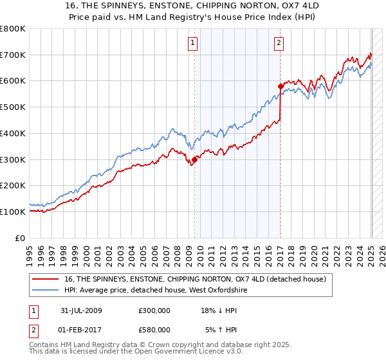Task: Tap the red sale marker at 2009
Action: tap(194, 159)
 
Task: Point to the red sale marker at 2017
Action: tap(280, 85)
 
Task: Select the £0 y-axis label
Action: tap(21, 238)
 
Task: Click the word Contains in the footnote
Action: tap(44, 345)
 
